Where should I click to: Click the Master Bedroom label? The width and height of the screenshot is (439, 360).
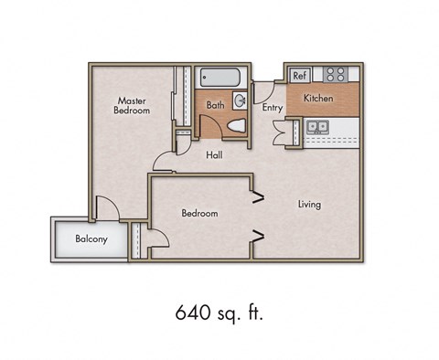tap(134, 105)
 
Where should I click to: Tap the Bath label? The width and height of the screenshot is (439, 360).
tap(215, 105)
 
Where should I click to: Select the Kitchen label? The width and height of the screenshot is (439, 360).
tap(318, 98)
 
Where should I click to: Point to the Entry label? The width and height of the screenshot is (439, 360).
tap(273, 108)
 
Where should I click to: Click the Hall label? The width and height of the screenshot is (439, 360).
tap(214, 154)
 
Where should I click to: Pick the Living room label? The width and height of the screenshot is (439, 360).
tap(309, 205)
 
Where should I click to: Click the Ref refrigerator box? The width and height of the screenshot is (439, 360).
tap(300, 75)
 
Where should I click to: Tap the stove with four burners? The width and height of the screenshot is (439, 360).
tap(336, 74)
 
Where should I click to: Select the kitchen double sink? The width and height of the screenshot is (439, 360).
tap(318, 126)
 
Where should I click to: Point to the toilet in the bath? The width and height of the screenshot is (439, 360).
tap(237, 125)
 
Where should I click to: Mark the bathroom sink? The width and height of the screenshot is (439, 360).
tap(241, 101)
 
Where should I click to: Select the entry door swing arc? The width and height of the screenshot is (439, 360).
tap(262, 91)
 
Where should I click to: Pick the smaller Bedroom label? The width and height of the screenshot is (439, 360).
tap(199, 214)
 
